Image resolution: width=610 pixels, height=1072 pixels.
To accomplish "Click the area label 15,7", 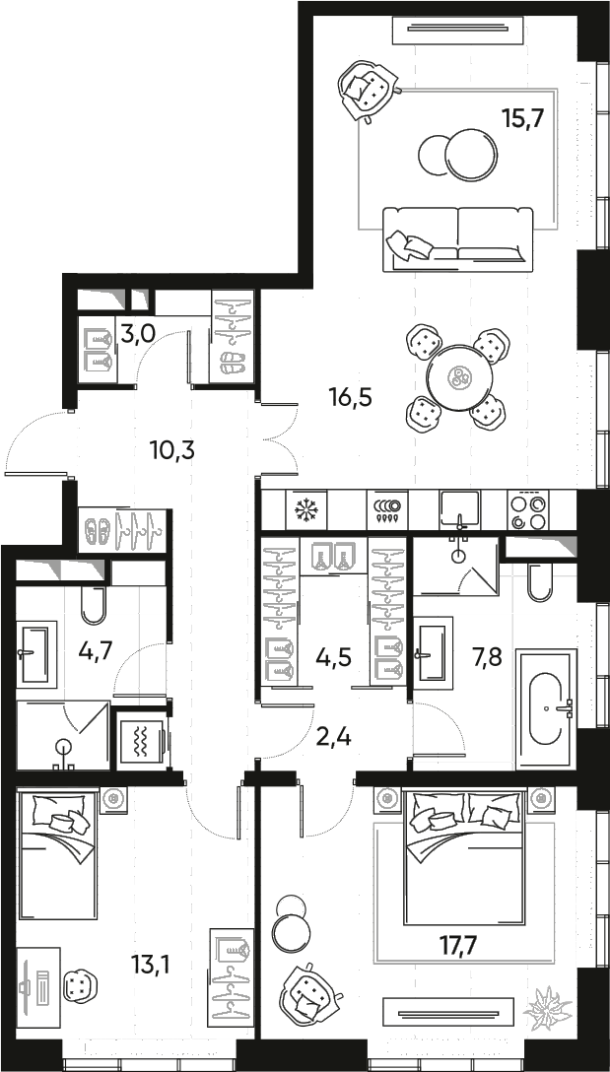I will [x=523, y=118].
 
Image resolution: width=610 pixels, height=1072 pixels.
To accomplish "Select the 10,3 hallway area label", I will [x=171, y=450].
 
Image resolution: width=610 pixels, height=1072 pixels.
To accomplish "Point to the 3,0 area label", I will [x=137, y=333].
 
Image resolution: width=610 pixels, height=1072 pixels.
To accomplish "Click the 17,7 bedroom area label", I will [x=458, y=947].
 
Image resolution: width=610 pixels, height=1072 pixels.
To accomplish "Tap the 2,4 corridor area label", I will [x=332, y=735].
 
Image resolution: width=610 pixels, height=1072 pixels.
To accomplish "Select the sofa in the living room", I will [x=457, y=237].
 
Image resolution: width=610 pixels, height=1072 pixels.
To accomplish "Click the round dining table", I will [x=458, y=375].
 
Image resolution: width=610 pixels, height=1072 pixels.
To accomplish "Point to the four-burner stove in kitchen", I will [x=530, y=510].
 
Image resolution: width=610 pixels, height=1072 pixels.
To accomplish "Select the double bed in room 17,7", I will [x=464, y=857].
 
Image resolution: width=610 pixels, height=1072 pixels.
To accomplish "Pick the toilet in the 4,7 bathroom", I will [x=93, y=604].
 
